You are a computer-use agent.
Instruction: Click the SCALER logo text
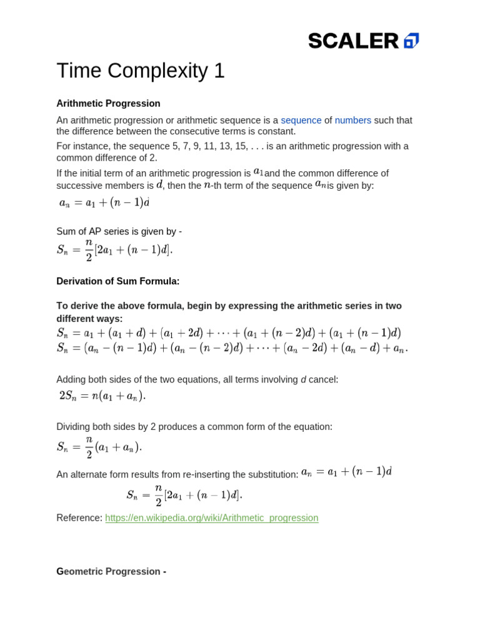(x=353, y=41)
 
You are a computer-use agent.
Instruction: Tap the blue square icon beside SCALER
(x=411, y=41)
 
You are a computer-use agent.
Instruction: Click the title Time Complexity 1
(x=140, y=71)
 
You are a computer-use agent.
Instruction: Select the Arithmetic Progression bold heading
(x=108, y=103)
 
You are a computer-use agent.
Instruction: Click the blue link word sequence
(x=301, y=120)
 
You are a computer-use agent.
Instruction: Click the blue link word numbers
(x=352, y=120)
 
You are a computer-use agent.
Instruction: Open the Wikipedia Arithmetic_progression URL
(x=211, y=517)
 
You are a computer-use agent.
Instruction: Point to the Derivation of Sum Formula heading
(x=117, y=281)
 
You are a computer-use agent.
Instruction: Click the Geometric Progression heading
(x=111, y=571)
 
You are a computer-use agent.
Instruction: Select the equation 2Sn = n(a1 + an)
(x=102, y=395)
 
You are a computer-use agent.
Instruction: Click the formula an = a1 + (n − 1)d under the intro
(x=104, y=202)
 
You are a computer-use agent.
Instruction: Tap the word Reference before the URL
(x=79, y=517)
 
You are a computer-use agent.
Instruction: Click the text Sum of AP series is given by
(x=119, y=231)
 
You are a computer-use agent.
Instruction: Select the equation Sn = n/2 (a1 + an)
(x=99, y=447)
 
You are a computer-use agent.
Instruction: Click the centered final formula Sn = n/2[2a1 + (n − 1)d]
(x=184, y=495)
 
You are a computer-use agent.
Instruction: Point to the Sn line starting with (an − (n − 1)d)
(x=232, y=348)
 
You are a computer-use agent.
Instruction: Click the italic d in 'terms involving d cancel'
(x=304, y=379)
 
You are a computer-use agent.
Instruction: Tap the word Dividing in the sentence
(x=74, y=427)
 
